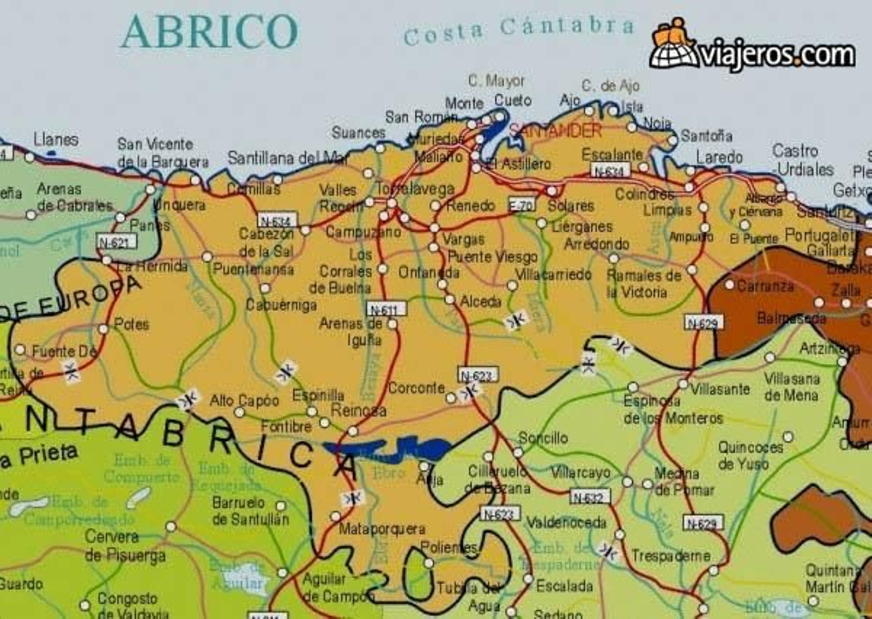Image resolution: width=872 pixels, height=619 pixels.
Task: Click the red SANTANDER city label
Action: (555, 131)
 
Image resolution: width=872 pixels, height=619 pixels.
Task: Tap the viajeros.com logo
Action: (752, 46)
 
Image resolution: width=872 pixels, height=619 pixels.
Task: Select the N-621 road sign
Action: (117, 242)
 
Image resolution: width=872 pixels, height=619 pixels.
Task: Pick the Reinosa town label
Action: (358, 410)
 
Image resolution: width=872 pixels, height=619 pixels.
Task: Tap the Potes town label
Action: (131, 324)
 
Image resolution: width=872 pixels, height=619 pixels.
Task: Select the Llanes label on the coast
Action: (56, 139)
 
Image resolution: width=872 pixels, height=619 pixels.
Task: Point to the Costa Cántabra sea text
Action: (519, 30)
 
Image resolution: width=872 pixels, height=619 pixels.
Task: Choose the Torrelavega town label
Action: (416, 189)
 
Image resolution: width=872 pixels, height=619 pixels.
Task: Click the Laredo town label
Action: (719, 157)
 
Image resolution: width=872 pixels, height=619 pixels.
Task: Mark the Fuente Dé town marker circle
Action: (20, 349)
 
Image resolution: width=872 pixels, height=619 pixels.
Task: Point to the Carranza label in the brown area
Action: (765, 286)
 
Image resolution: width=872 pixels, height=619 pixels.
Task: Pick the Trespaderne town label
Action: (670, 556)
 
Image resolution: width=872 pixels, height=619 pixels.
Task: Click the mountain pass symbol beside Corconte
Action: (469, 391)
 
